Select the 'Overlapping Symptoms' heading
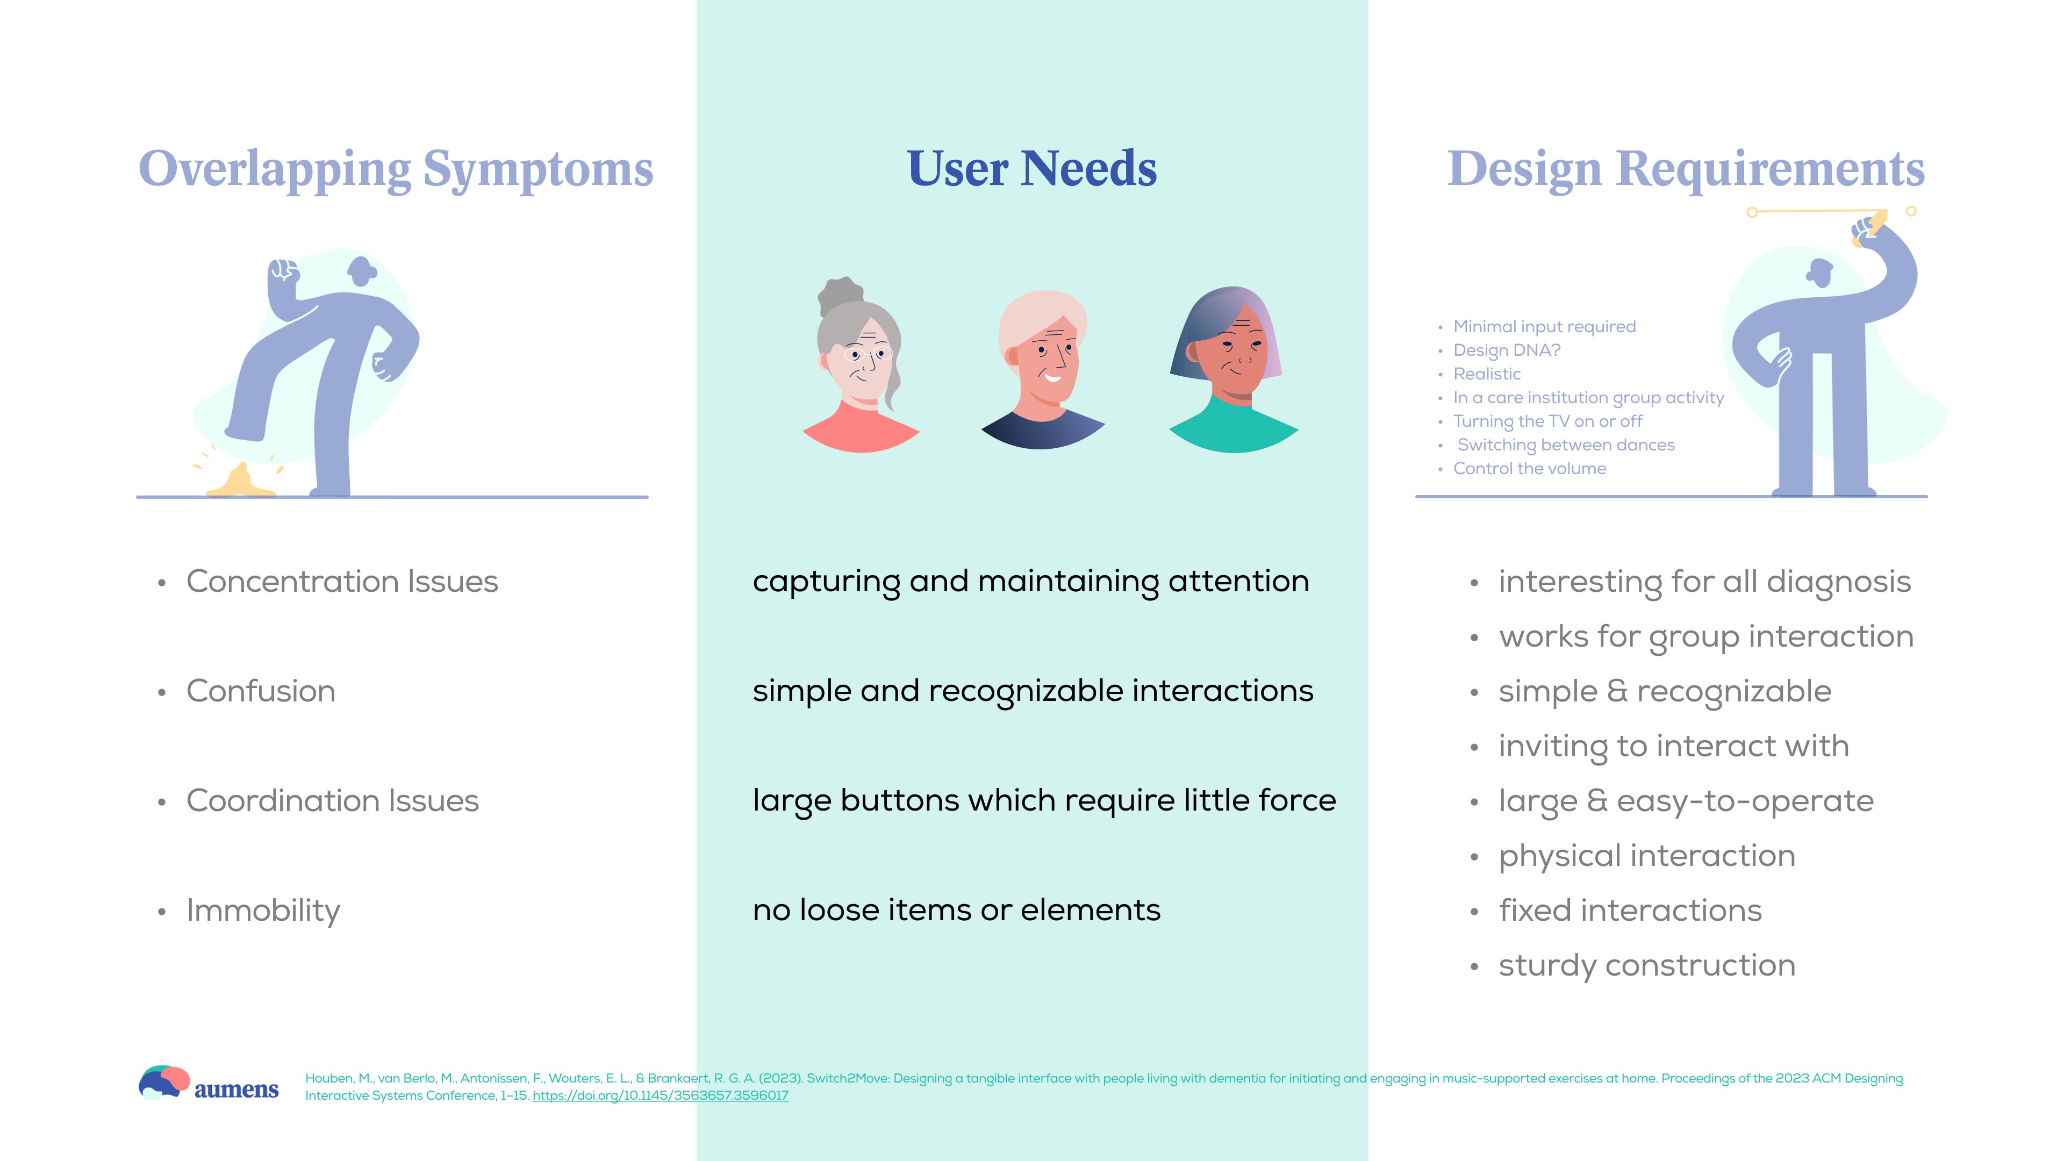click(x=396, y=170)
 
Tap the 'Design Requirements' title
click(x=1686, y=170)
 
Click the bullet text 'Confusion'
click(x=260, y=691)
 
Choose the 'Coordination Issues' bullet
click(x=333, y=800)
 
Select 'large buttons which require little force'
click(x=1044, y=800)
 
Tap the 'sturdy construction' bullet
click(x=1646, y=965)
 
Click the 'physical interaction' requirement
click(x=1646, y=856)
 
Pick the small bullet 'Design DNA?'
click(x=1506, y=350)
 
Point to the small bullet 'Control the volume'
click(x=1530, y=469)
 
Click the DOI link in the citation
click(x=660, y=1095)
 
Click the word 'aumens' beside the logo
click(x=236, y=1090)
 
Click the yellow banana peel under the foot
click(x=239, y=482)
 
